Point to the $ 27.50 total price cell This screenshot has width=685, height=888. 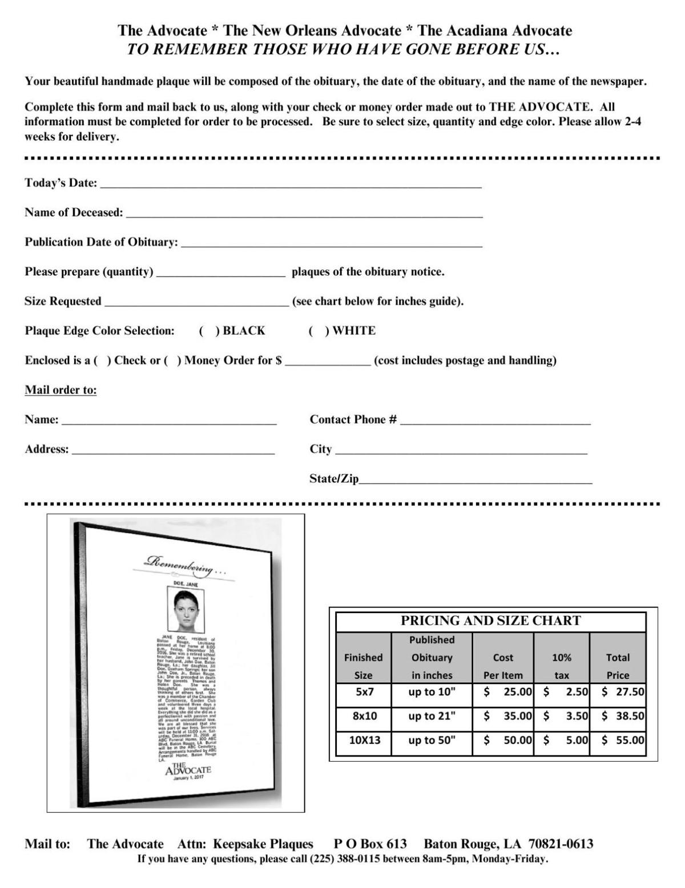(x=622, y=691)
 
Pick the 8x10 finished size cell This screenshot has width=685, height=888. (x=364, y=716)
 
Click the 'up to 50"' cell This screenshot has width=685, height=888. (x=432, y=740)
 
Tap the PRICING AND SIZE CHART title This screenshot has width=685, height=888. (x=490, y=621)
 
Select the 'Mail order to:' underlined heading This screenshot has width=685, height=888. (x=61, y=390)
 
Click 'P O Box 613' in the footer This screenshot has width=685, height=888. (x=370, y=844)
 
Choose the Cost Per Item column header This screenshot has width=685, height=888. (x=502, y=666)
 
